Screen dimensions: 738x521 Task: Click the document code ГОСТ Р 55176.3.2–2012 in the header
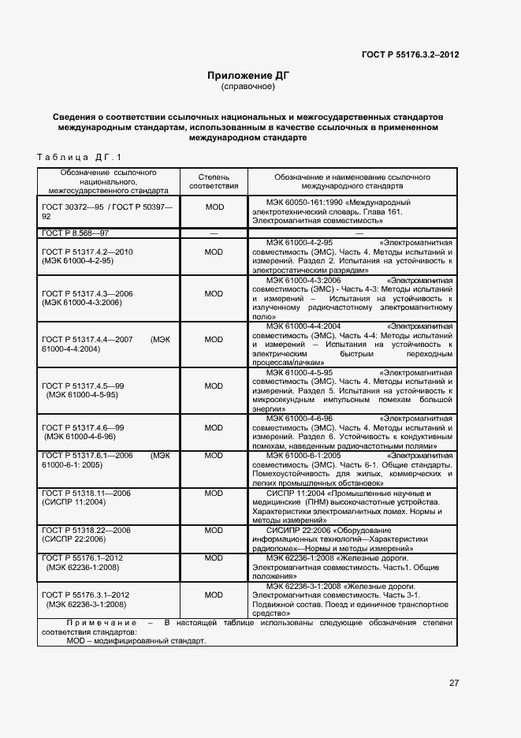(410, 54)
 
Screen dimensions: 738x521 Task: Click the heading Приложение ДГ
(248, 76)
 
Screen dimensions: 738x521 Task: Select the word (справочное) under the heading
(248, 87)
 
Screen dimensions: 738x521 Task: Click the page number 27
(454, 683)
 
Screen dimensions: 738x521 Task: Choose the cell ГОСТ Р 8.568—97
(76, 233)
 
